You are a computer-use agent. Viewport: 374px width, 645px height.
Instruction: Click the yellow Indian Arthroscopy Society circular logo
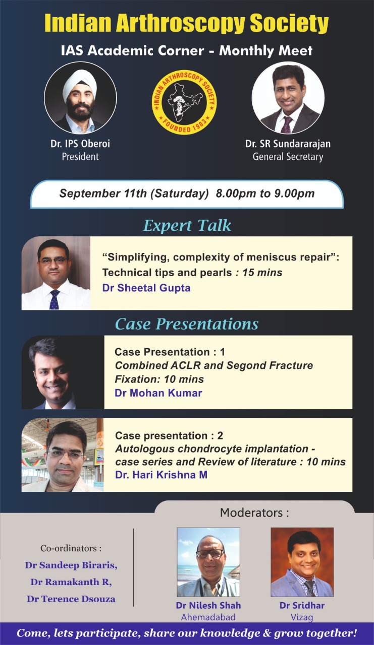185,102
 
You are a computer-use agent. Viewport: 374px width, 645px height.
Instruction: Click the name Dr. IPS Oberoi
80,144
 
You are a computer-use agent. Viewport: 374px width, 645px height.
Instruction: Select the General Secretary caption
288,157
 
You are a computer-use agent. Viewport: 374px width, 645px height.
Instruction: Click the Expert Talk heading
187,225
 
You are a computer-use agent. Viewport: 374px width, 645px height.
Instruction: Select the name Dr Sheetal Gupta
146,288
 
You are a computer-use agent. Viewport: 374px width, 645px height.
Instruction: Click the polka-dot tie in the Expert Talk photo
55,300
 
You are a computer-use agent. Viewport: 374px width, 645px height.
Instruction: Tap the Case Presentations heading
187,324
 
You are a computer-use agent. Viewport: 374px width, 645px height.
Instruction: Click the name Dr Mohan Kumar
158,393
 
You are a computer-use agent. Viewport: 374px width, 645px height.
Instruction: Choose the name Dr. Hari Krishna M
161,475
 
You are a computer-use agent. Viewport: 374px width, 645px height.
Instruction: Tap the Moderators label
254,512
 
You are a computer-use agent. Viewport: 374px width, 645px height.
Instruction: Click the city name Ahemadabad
208,617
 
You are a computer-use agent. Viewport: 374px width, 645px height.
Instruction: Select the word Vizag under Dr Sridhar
302,617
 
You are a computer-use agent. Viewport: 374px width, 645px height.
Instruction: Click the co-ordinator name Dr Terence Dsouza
71,599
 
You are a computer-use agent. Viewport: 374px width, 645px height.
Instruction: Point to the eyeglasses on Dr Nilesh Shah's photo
209,553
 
